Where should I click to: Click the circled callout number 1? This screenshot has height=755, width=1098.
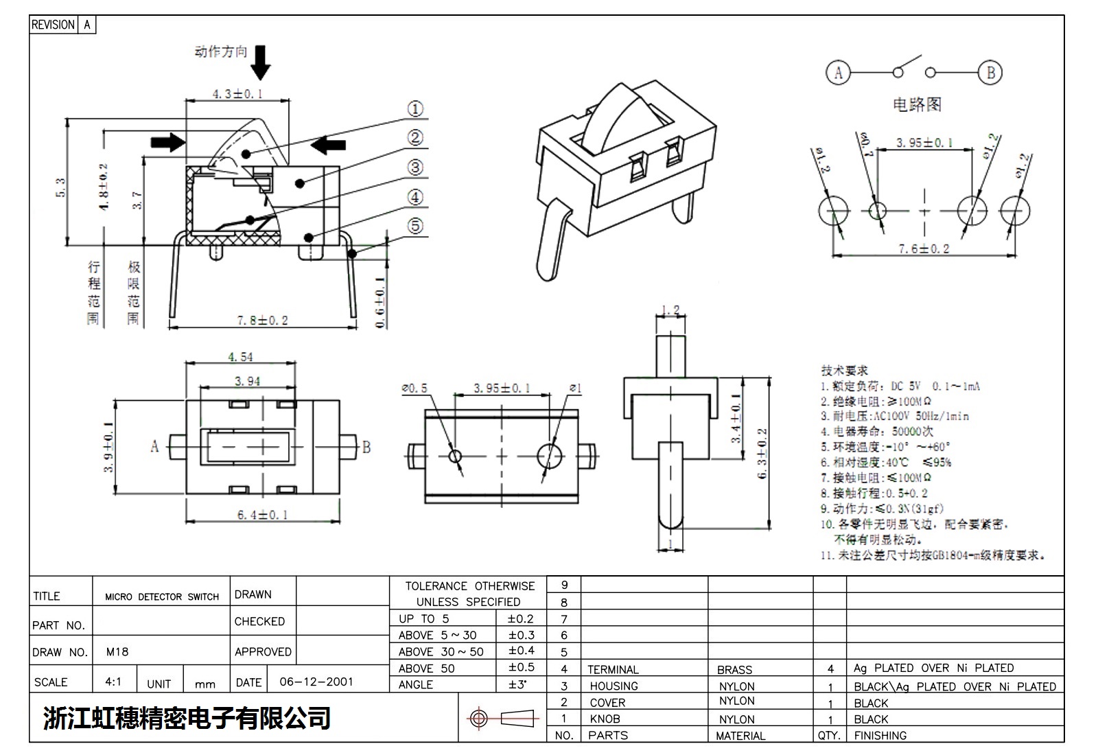415,109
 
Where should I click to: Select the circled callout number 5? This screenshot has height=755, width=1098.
415,226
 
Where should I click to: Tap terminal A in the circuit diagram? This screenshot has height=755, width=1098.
837,72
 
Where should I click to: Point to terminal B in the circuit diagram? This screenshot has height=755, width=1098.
990,72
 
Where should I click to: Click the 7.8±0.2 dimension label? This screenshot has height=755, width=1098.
262,321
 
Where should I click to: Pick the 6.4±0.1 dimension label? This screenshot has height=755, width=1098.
262,515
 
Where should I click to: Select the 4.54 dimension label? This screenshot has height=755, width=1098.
240,357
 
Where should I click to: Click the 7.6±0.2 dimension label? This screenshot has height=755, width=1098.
924,248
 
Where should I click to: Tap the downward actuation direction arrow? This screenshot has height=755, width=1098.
260,62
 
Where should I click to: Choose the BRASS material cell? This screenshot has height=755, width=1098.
734,669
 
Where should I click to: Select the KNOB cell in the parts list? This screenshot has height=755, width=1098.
605,719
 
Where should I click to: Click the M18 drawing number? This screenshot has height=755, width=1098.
117,652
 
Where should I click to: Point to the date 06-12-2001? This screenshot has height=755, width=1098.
316,682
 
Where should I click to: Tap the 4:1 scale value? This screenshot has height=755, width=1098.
113,682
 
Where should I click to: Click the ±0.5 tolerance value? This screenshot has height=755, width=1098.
521,667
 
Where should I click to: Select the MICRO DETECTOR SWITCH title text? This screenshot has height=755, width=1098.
162,597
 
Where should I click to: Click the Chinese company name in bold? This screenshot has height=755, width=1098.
187,718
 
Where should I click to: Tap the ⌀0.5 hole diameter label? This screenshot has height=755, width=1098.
414,388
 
